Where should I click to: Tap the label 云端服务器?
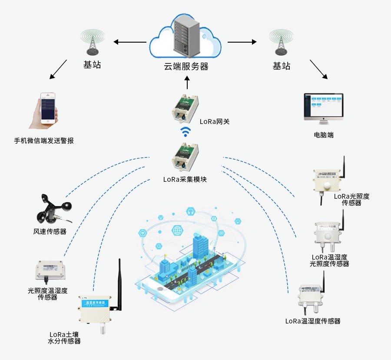[186, 67]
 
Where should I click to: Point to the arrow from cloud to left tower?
[130, 42]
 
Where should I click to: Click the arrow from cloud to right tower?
[242, 42]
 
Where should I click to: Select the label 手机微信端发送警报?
[44, 141]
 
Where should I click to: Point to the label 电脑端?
[324, 135]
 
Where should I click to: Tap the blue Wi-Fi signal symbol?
[186, 131]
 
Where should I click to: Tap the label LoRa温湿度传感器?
[313, 321]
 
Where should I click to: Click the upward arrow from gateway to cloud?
[187, 83]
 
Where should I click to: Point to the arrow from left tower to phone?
[58, 70]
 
